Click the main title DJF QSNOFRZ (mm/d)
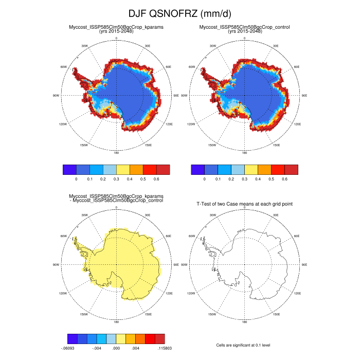(x=180, y=13)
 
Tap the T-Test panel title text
(x=245, y=204)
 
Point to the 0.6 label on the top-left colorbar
(x=157, y=178)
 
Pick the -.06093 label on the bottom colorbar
(x=68, y=348)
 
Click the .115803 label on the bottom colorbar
(x=164, y=348)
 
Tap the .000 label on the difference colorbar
(x=116, y=348)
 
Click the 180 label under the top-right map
(x=244, y=153)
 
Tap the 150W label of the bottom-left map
(x=84, y=314)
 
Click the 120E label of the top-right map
(x=297, y=124)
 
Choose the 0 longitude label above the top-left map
(x=116, y=38)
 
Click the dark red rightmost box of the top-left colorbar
(x=163, y=169)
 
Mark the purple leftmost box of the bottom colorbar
(x=73, y=338)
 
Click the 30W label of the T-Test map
(x=212, y=215)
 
